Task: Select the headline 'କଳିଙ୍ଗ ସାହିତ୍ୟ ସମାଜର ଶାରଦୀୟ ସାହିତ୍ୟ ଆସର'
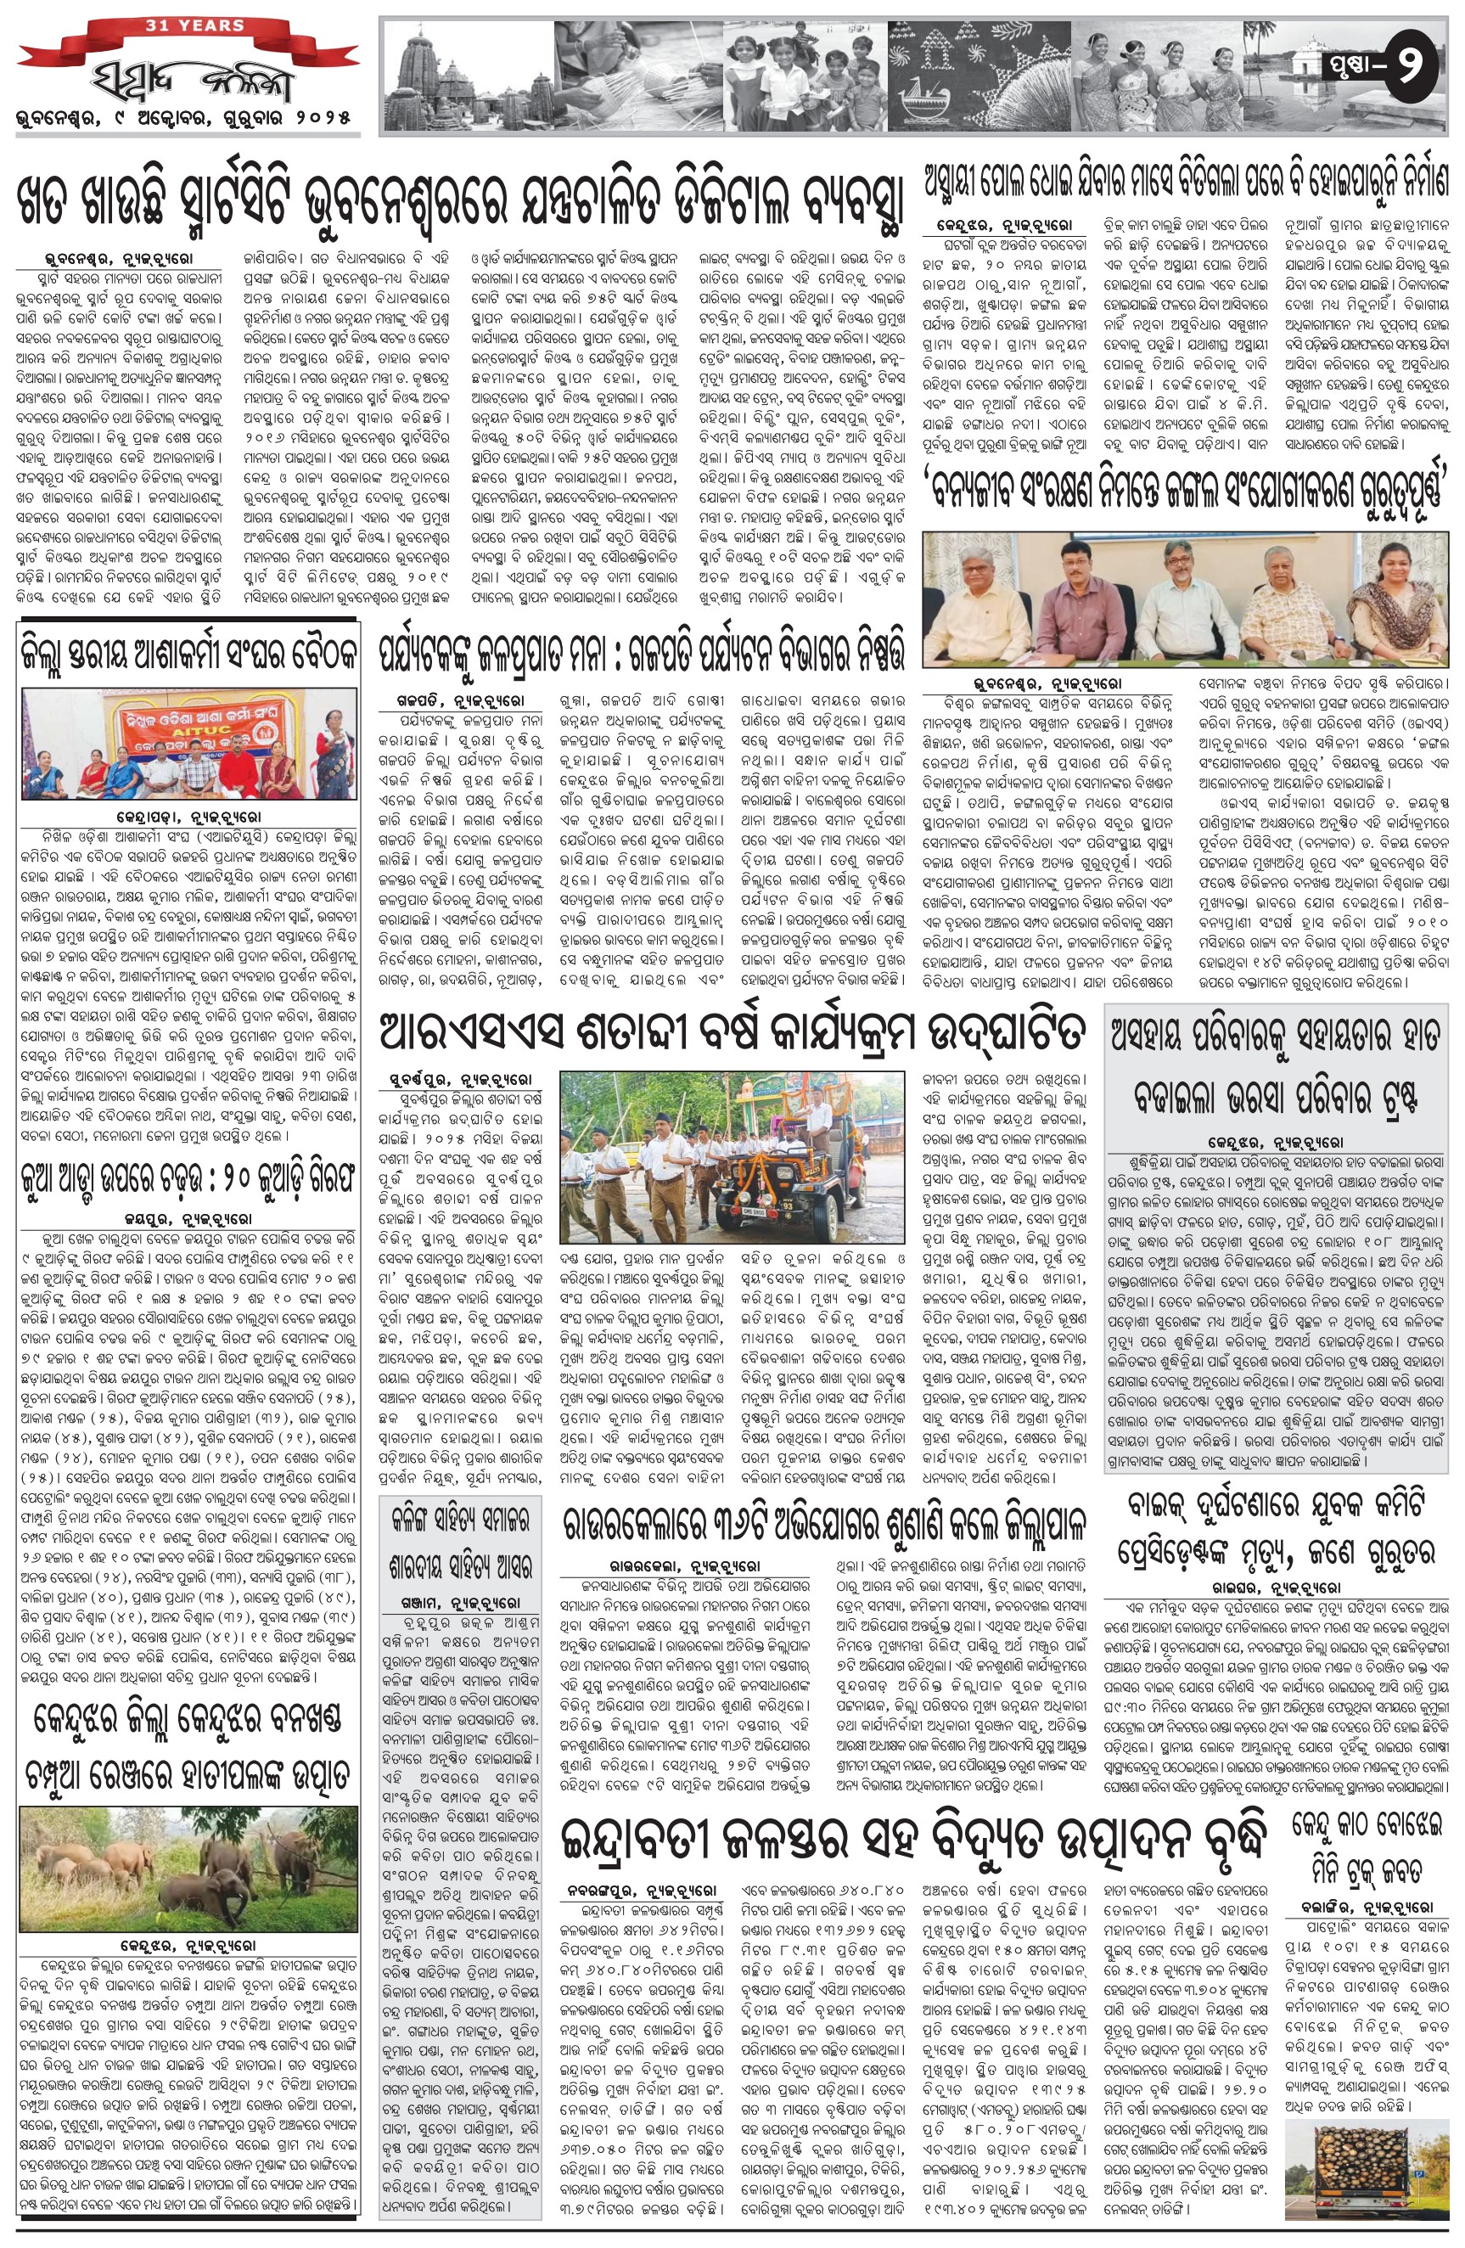click(x=460, y=1543)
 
